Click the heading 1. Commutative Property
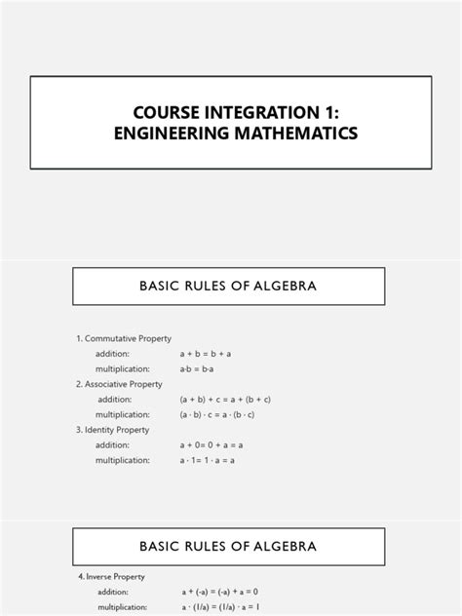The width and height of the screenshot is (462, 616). (x=124, y=338)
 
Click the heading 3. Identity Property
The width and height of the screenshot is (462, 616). (x=114, y=430)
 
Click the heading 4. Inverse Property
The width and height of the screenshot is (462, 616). (x=111, y=576)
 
